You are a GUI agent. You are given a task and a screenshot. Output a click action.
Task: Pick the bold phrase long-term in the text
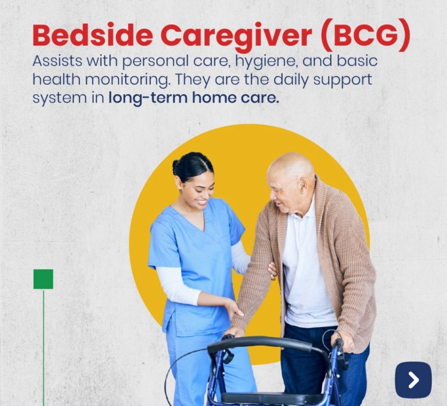(x=148, y=98)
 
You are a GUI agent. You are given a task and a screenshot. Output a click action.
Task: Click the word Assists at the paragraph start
(x=57, y=61)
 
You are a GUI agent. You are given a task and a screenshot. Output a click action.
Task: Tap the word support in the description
(x=343, y=80)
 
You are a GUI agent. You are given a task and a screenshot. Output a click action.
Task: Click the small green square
(x=43, y=279)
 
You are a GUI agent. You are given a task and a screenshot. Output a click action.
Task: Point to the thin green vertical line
(x=44, y=347)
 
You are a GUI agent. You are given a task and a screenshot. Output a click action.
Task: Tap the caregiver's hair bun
(x=176, y=168)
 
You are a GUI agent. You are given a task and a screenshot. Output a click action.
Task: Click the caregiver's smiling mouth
(x=202, y=202)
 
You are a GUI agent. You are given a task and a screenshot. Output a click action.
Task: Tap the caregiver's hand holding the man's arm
(x=272, y=270)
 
